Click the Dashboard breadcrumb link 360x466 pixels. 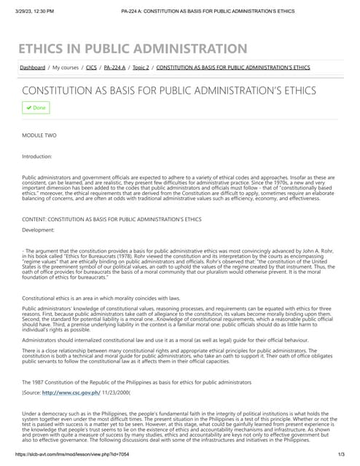pos(32,67)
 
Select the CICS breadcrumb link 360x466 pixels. pos(92,67)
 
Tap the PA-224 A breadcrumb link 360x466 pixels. pos(114,67)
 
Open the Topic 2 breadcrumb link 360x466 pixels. pos(141,67)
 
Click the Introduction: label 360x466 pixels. pos(37,156)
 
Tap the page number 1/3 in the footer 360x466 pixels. pos(340,454)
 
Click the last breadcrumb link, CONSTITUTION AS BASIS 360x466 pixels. pos(233,67)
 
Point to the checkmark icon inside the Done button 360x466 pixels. pos(28,108)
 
